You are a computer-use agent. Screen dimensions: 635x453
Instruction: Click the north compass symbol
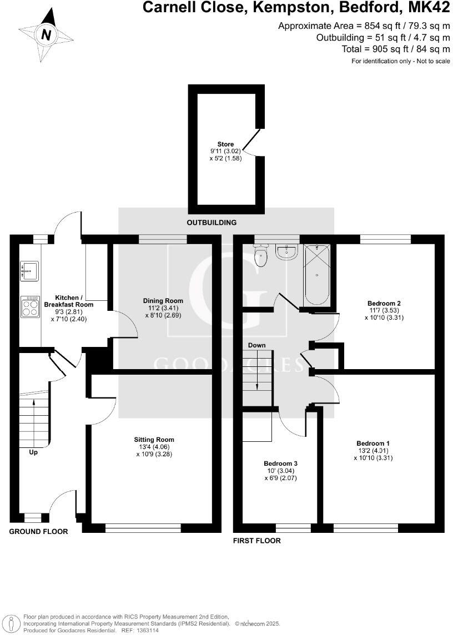point(46,36)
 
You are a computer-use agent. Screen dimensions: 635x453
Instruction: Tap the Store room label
point(225,144)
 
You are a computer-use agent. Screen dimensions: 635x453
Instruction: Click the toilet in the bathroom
point(260,257)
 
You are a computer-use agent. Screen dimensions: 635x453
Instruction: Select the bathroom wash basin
point(287,253)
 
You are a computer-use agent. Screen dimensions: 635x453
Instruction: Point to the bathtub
point(316,274)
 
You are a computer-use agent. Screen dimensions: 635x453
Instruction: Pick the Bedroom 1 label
point(373,443)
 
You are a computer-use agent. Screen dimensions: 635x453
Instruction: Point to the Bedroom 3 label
point(280,463)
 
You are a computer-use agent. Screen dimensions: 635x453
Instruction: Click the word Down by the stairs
point(256,345)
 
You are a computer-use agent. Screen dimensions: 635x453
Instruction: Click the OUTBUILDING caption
point(212,223)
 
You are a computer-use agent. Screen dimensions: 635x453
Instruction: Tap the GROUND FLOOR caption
point(38,532)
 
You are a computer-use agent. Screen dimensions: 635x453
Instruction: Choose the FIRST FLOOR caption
point(257,541)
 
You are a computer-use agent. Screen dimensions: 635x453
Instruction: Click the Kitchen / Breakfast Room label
point(69,301)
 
